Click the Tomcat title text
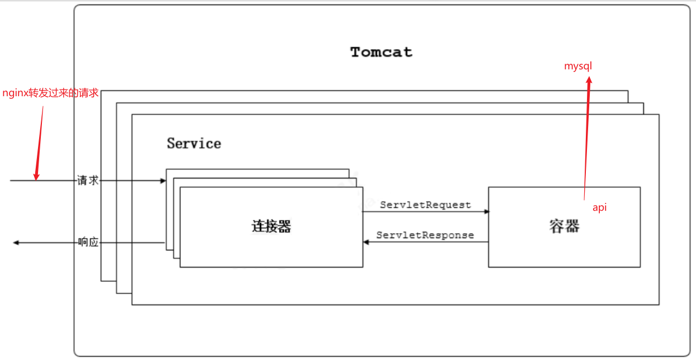point(381,53)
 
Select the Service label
point(194,144)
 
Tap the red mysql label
point(577,67)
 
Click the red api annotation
point(599,207)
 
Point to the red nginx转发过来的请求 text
point(50,93)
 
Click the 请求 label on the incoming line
point(88,181)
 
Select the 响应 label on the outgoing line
point(88,243)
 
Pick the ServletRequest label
point(425,205)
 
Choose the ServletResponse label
point(425,235)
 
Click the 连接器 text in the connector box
point(271,226)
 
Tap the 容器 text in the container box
point(564,226)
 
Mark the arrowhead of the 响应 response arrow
point(16,243)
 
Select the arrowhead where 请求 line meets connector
point(163,181)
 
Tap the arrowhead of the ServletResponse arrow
point(366,242)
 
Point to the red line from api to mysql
point(586,140)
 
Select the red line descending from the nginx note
point(40,140)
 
